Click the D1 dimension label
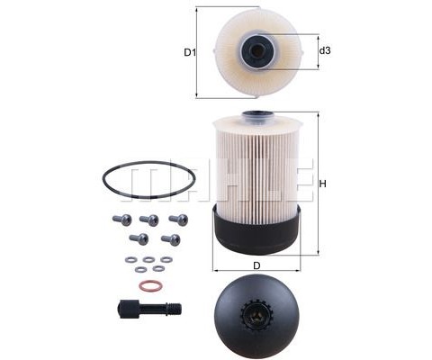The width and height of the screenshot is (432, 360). (190, 52)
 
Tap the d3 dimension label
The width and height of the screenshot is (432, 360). (325, 51)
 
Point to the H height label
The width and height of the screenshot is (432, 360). (321, 186)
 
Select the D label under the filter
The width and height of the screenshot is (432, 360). (256, 266)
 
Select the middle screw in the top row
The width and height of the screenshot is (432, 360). (149, 220)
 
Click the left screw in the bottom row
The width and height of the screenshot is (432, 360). (139, 238)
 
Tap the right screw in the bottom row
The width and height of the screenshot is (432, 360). (169, 239)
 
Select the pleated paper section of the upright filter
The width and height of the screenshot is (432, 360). (256, 166)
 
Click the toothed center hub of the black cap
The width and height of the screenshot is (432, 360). (256, 316)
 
